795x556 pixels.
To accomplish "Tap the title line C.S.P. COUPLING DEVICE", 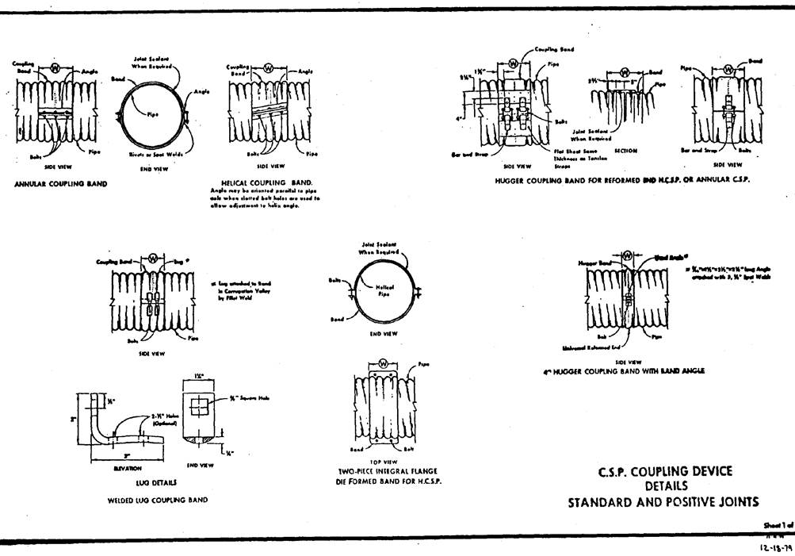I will point(664,472).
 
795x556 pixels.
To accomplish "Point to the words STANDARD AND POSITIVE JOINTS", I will point(663,502).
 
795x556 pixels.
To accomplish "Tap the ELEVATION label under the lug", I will point(128,468).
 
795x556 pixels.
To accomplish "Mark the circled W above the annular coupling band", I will point(55,68).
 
